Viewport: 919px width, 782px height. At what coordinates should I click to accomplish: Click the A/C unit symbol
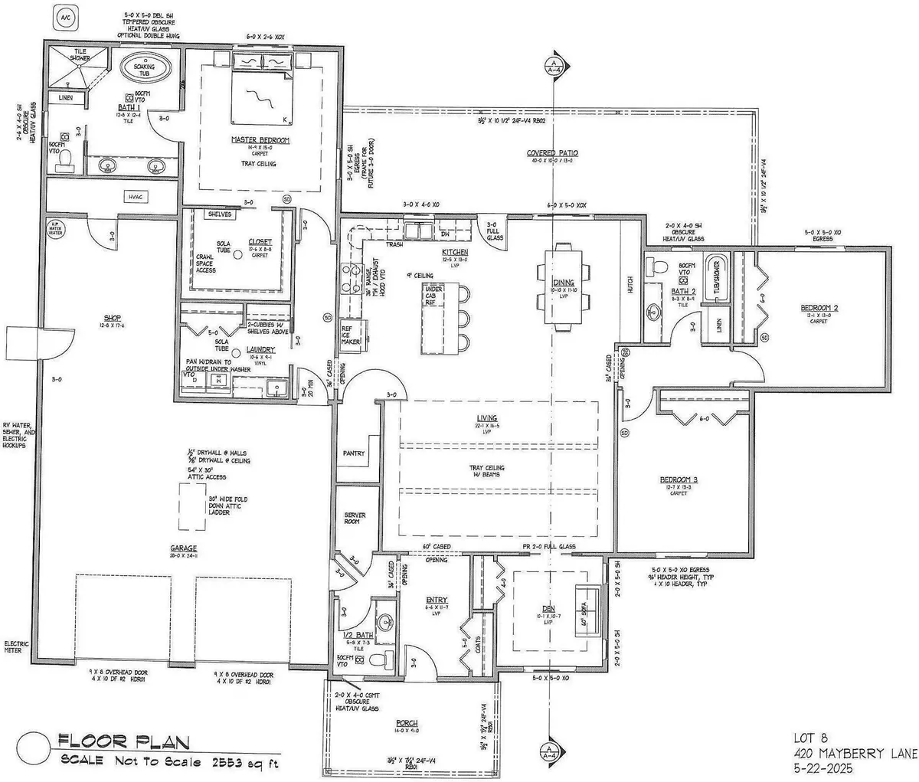coord(65,15)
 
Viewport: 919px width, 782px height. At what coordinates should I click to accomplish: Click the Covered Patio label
coord(552,153)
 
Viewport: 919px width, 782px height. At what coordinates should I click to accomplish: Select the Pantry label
coord(354,453)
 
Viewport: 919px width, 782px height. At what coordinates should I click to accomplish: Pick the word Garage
coord(184,548)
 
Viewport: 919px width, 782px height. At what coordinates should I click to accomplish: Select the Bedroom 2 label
coord(819,307)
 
